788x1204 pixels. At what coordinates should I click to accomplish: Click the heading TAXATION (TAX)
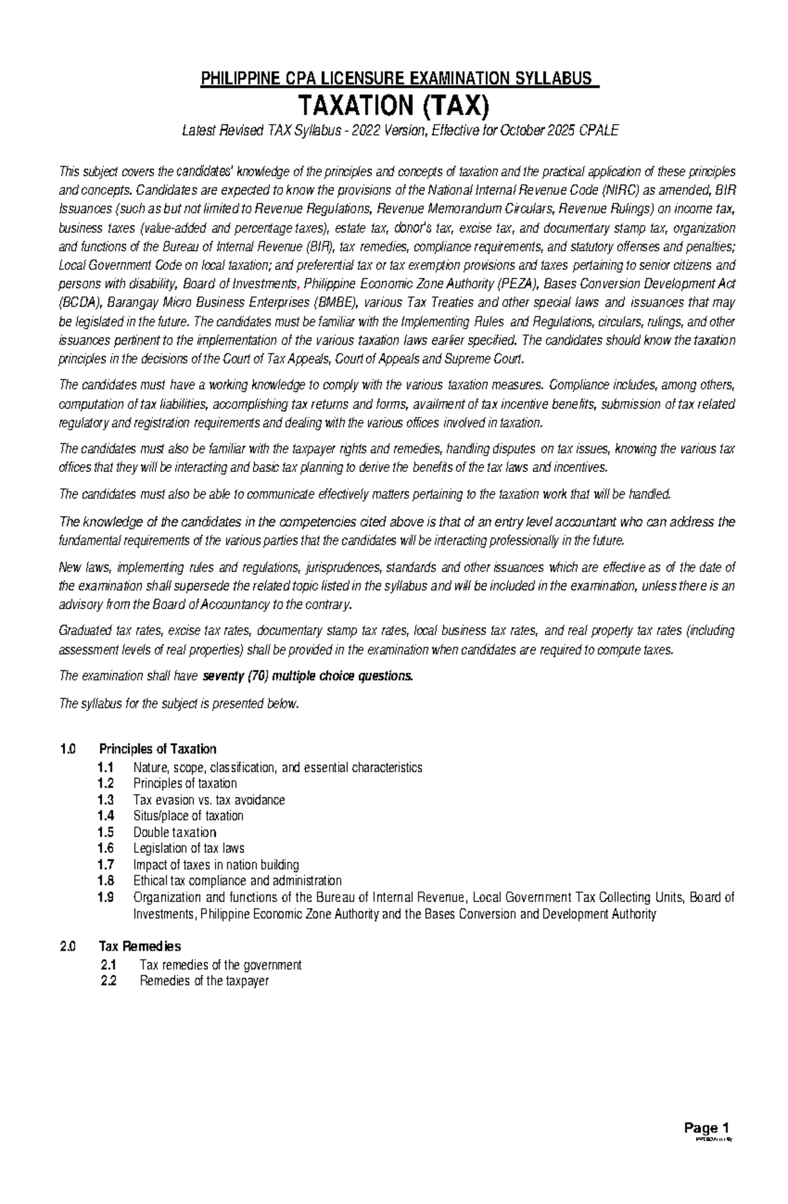[x=394, y=105]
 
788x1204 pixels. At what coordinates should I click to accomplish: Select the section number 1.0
[x=68, y=749]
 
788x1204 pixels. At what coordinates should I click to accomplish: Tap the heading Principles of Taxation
[x=158, y=749]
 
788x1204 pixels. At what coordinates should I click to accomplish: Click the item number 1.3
[x=105, y=800]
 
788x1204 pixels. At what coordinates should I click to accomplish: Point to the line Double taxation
[x=175, y=832]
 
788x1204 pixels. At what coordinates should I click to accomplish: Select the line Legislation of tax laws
[x=188, y=849]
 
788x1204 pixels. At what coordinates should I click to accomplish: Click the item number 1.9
[x=105, y=897]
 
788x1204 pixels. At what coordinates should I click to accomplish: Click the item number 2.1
[x=108, y=965]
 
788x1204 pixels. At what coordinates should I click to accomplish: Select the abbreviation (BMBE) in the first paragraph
[x=336, y=303]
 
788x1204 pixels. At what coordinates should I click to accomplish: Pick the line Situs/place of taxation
[x=188, y=816]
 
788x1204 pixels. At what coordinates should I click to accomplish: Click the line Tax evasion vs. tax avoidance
[x=209, y=800]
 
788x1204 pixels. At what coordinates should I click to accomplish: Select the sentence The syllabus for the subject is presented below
[x=179, y=704]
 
